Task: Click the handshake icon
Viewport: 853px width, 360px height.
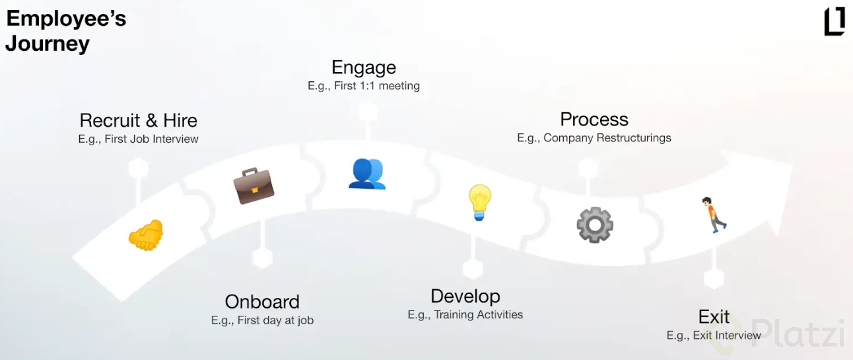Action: (x=146, y=235)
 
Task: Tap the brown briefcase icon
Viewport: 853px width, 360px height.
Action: (x=254, y=186)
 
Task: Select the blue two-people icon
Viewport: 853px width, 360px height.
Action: (x=367, y=174)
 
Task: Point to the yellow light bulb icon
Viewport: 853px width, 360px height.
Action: (x=479, y=202)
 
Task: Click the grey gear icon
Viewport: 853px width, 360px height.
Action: (x=595, y=225)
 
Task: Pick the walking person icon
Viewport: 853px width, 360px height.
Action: (x=713, y=215)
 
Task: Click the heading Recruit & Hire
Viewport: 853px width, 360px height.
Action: (x=138, y=120)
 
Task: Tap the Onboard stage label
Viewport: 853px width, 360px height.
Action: (x=262, y=302)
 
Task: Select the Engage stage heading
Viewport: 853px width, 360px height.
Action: (x=364, y=68)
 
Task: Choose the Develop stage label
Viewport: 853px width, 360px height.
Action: (x=465, y=297)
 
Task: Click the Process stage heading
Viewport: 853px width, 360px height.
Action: (x=594, y=120)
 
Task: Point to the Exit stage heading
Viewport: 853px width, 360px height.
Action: (x=714, y=316)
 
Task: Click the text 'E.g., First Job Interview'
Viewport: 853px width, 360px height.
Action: (x=138, y=139)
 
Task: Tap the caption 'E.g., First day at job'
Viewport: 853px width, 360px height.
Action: (x=262, y=320)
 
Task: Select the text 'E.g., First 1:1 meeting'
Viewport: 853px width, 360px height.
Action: (x=364, y=86)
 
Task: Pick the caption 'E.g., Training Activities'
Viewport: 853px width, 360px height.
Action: (x=465, y=314)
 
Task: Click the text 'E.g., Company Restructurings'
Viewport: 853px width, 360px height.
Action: (x=594, y=138)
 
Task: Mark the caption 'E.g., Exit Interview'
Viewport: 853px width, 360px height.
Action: (x=714, y=336)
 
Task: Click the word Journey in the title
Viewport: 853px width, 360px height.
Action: (x=48, y=44)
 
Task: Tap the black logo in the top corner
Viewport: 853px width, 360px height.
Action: (x=835, y=21)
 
